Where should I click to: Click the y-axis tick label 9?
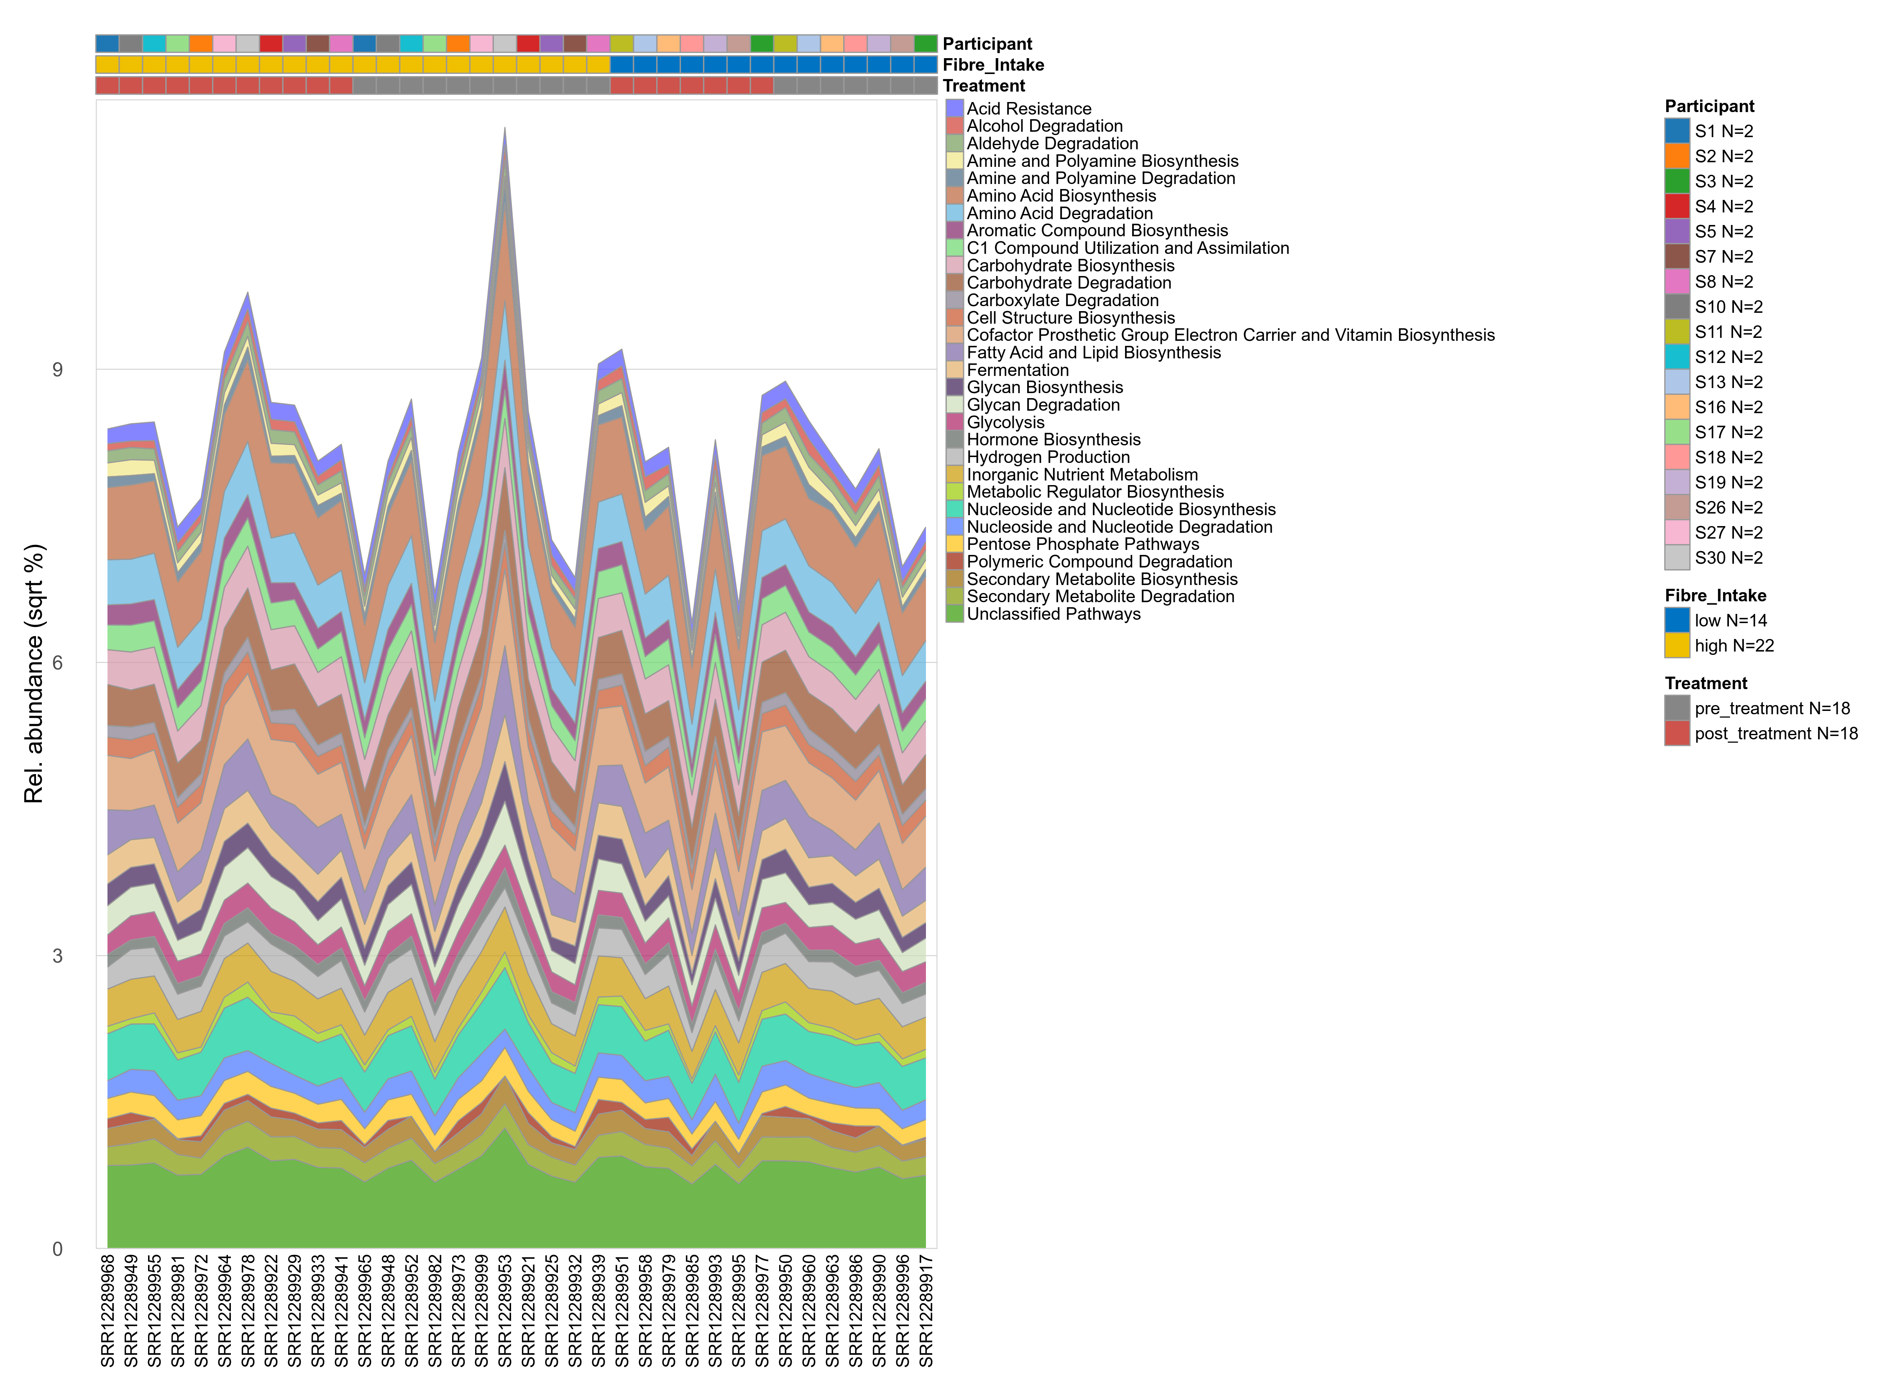pyautogui.click(x=57, y=370)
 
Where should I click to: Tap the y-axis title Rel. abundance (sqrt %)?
pyautogui.click(x=33, y=673)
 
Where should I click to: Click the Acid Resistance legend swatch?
pyautogui.click(x=955, y=109)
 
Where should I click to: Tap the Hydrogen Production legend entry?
pyautogui.click(x=1048, y=457)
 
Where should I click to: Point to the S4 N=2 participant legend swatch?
pyautogui.click(x=1677, y=206)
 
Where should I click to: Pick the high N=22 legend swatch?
pyautogui.click(x=1677, y=646)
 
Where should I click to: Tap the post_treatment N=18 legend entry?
pyautogui.click(x=1775, y=733)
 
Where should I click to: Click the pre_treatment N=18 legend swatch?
pyautogui.click(x=1677, y=708)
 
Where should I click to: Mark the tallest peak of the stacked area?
pyautogui.click(x=504, y=130)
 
